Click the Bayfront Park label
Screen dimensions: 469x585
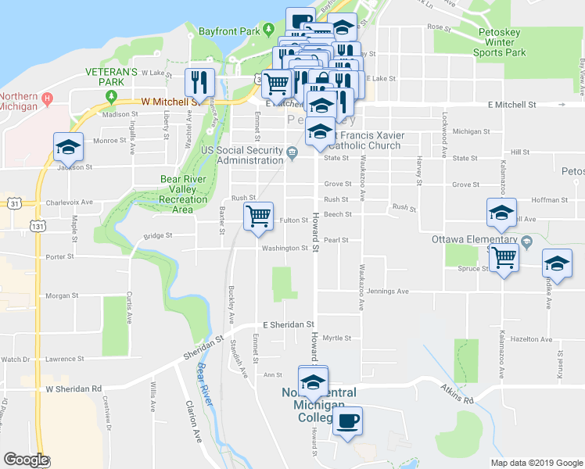coord(228,32)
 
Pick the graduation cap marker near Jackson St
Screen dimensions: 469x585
coord(68,147)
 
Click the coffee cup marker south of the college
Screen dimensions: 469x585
coord(347,422)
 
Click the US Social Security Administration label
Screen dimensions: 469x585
coord(242,155)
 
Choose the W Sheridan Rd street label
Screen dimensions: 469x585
coord(74,388)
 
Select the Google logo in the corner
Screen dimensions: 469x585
coord(25,460)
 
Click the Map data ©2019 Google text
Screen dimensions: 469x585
coord(536,463)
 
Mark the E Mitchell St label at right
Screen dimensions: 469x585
coord(511,104)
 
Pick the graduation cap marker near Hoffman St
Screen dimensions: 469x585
coord(501,213)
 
